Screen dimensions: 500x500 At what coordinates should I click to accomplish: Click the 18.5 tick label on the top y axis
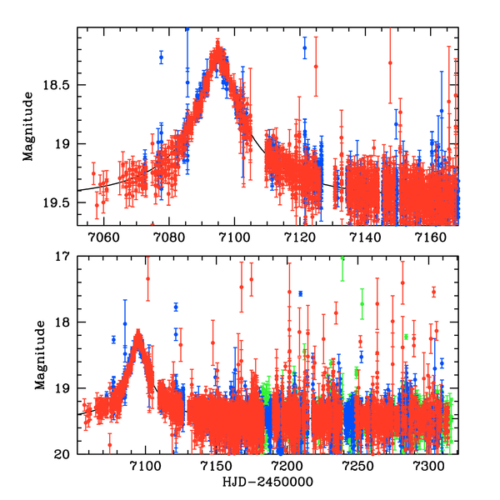tap(60, 85)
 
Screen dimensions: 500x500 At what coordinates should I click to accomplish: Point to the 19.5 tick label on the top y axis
tap(60, 202)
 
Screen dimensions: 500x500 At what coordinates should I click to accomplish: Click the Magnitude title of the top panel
tap(27, 127)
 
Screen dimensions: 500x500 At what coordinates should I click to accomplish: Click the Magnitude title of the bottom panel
tap(27, 356)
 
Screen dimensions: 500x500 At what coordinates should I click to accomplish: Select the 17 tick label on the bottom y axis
tap(67, 256)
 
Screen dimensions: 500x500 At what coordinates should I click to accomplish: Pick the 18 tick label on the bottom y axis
tap(67, 322)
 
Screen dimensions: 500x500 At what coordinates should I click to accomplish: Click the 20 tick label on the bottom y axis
tap(67, 454)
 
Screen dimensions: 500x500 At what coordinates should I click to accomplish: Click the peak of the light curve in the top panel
tap(218, 50)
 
